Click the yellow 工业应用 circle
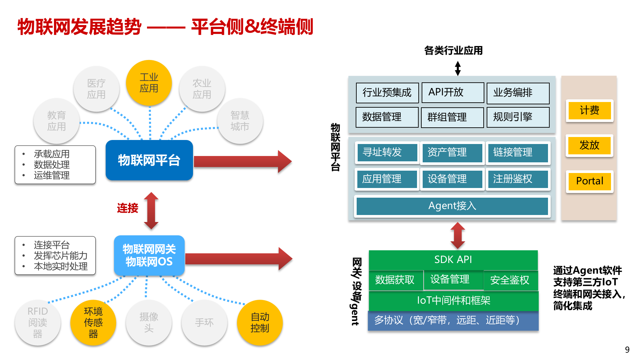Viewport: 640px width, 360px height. (149, 83)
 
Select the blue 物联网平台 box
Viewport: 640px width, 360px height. (149, 160)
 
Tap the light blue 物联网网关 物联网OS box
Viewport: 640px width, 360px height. (149, 255)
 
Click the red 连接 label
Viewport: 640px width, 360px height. (127, 208)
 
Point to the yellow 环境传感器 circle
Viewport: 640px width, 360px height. (93, 322)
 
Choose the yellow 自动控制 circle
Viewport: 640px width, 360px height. (260, 322)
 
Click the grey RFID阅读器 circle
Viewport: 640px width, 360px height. (38, 322)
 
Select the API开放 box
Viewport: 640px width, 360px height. (452, 92)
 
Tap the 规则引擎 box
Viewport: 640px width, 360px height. (518, 117)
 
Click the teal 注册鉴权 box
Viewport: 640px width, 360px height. (518, 179)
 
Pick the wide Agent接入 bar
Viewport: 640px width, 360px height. (452, 206)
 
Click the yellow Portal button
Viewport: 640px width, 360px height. (589, 181)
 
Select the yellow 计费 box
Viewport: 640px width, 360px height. (589, 110)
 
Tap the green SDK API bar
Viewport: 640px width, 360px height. (453, 260)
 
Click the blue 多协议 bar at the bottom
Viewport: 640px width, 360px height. (453, 320)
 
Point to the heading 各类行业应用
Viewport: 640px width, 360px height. (453, 51)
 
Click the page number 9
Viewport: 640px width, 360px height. (627, 350)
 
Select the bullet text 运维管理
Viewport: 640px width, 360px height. (52, 175)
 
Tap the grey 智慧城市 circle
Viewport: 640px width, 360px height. (240, 121)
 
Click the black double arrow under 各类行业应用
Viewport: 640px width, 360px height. (458, 68)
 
